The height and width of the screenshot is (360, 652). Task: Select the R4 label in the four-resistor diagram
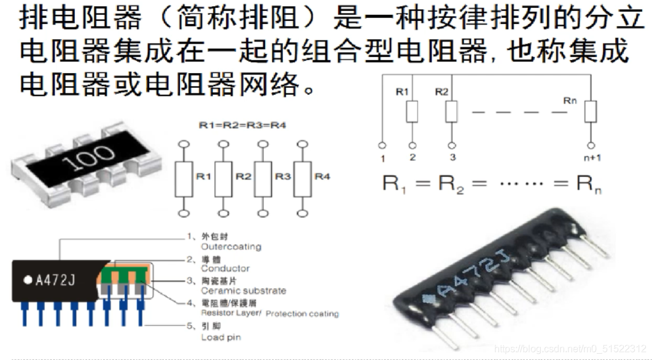[x=322, y=176]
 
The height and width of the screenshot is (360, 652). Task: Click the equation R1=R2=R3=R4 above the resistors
[x=243, y=125]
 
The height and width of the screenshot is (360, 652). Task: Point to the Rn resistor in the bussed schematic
[x=591, y=111]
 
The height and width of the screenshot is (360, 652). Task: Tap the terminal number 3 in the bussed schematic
[x=452, y=157]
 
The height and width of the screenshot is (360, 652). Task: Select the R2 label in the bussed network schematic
[x=441, y=92]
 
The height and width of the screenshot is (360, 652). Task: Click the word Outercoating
[x=231, y=247]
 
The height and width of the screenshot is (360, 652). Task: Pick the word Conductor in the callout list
[x=225, y=268]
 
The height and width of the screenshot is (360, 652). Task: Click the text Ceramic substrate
[x=243, y=291]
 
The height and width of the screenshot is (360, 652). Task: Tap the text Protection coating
[x=302, y=313]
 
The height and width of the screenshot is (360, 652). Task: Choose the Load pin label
[x=221, y=337]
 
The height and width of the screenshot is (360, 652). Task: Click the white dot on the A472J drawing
[x=27, y=280]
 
